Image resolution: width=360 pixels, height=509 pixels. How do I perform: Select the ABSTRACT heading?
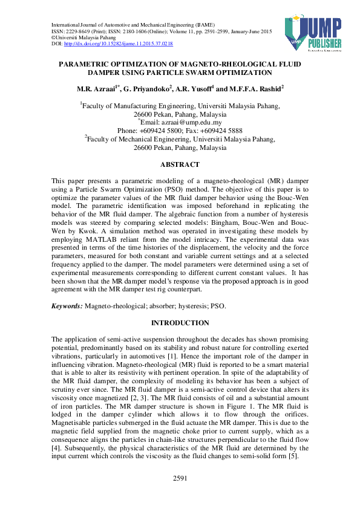pos(180,164)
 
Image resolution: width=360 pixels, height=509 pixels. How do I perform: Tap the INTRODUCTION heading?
pos(180,323)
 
